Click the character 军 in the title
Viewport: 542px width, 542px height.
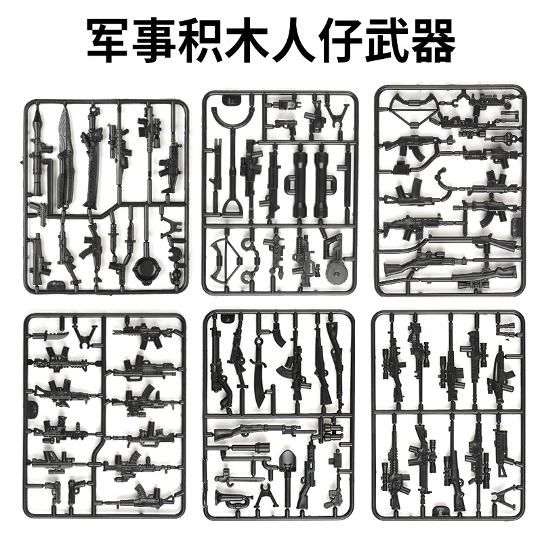110,40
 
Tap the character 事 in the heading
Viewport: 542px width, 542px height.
156,40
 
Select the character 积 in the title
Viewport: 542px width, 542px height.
202,40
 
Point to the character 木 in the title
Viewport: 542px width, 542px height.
248,40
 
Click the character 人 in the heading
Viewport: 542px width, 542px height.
294,40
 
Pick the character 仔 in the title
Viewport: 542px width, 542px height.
340,40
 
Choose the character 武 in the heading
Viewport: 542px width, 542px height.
386,40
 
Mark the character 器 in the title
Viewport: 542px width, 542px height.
432,40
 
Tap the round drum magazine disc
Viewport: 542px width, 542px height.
335,272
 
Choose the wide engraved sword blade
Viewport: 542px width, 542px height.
66,156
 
